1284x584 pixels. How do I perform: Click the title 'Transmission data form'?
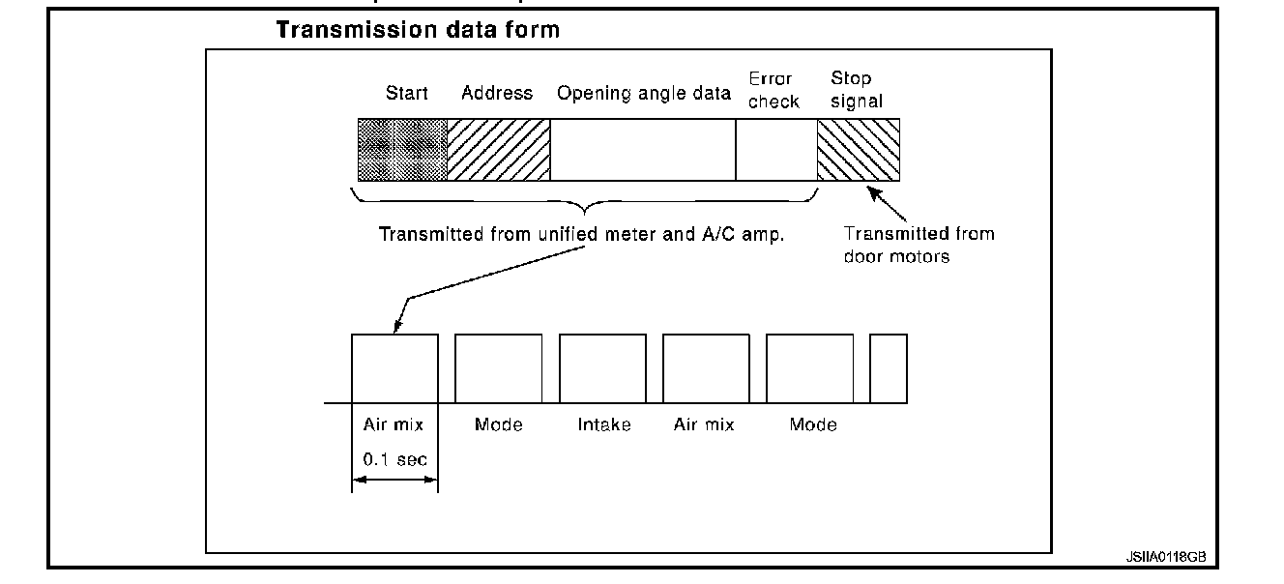418,30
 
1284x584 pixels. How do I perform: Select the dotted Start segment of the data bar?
402,149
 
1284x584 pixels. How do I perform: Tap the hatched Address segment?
498,149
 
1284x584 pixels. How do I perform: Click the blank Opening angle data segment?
642,149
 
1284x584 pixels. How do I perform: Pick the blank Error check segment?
775,149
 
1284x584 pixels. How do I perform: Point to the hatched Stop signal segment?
858,149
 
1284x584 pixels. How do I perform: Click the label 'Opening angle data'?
643,94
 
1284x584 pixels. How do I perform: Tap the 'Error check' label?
773,90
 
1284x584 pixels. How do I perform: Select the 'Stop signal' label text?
856,90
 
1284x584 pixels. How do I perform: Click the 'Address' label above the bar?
497,94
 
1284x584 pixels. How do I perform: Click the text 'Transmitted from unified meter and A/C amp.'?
581,233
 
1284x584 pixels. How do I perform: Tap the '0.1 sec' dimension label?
394,459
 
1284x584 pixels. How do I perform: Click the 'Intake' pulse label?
604,424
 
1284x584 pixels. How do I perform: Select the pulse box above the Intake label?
602,368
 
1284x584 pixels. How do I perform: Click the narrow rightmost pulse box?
888,368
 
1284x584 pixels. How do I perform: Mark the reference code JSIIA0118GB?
1165,558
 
